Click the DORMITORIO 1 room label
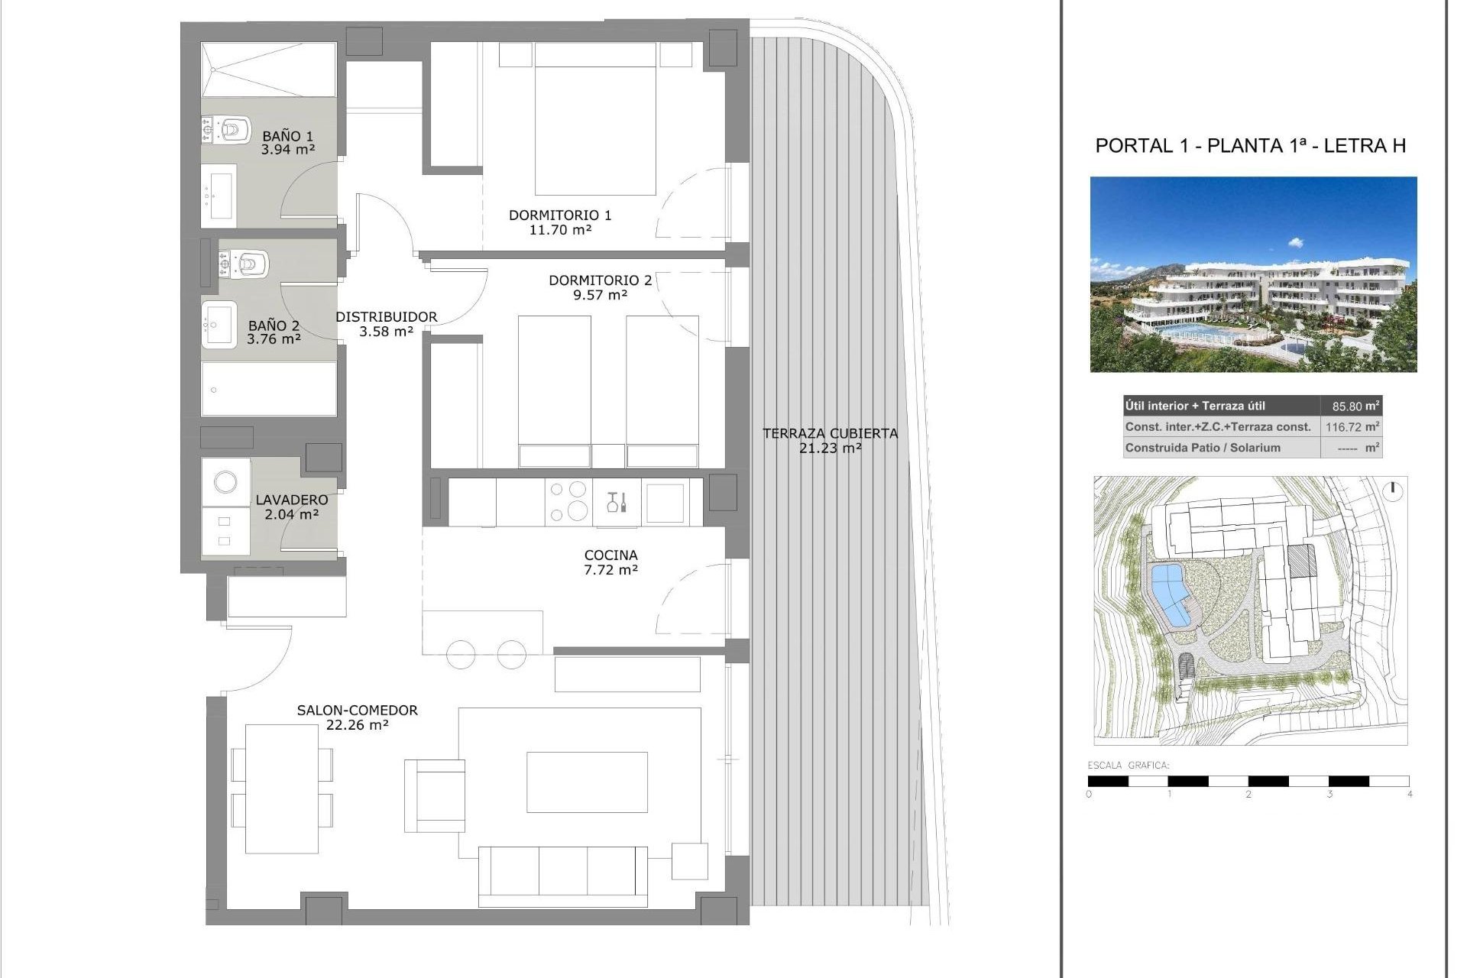[x=560, y=215]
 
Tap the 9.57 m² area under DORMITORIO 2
[x=600, y=295]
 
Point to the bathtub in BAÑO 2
[x=268, y=389]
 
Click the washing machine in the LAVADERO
[x=225, y=482]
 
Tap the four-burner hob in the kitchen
[x=568, y=501]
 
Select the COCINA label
[x=610, y=555]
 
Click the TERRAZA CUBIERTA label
[x=830, y=433]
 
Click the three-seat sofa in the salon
[x=562, y=873]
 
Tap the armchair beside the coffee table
[x=436, y=795]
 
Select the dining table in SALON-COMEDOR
[x=281, y=789]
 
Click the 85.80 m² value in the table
[x=1351, y=406]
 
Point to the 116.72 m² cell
[x=1351, y=427]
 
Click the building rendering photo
[x=1253, y=275]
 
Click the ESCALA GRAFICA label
[x=1128, y=765]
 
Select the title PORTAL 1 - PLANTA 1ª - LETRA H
[x=1250, y=146]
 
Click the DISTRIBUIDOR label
[x=386, y=316]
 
